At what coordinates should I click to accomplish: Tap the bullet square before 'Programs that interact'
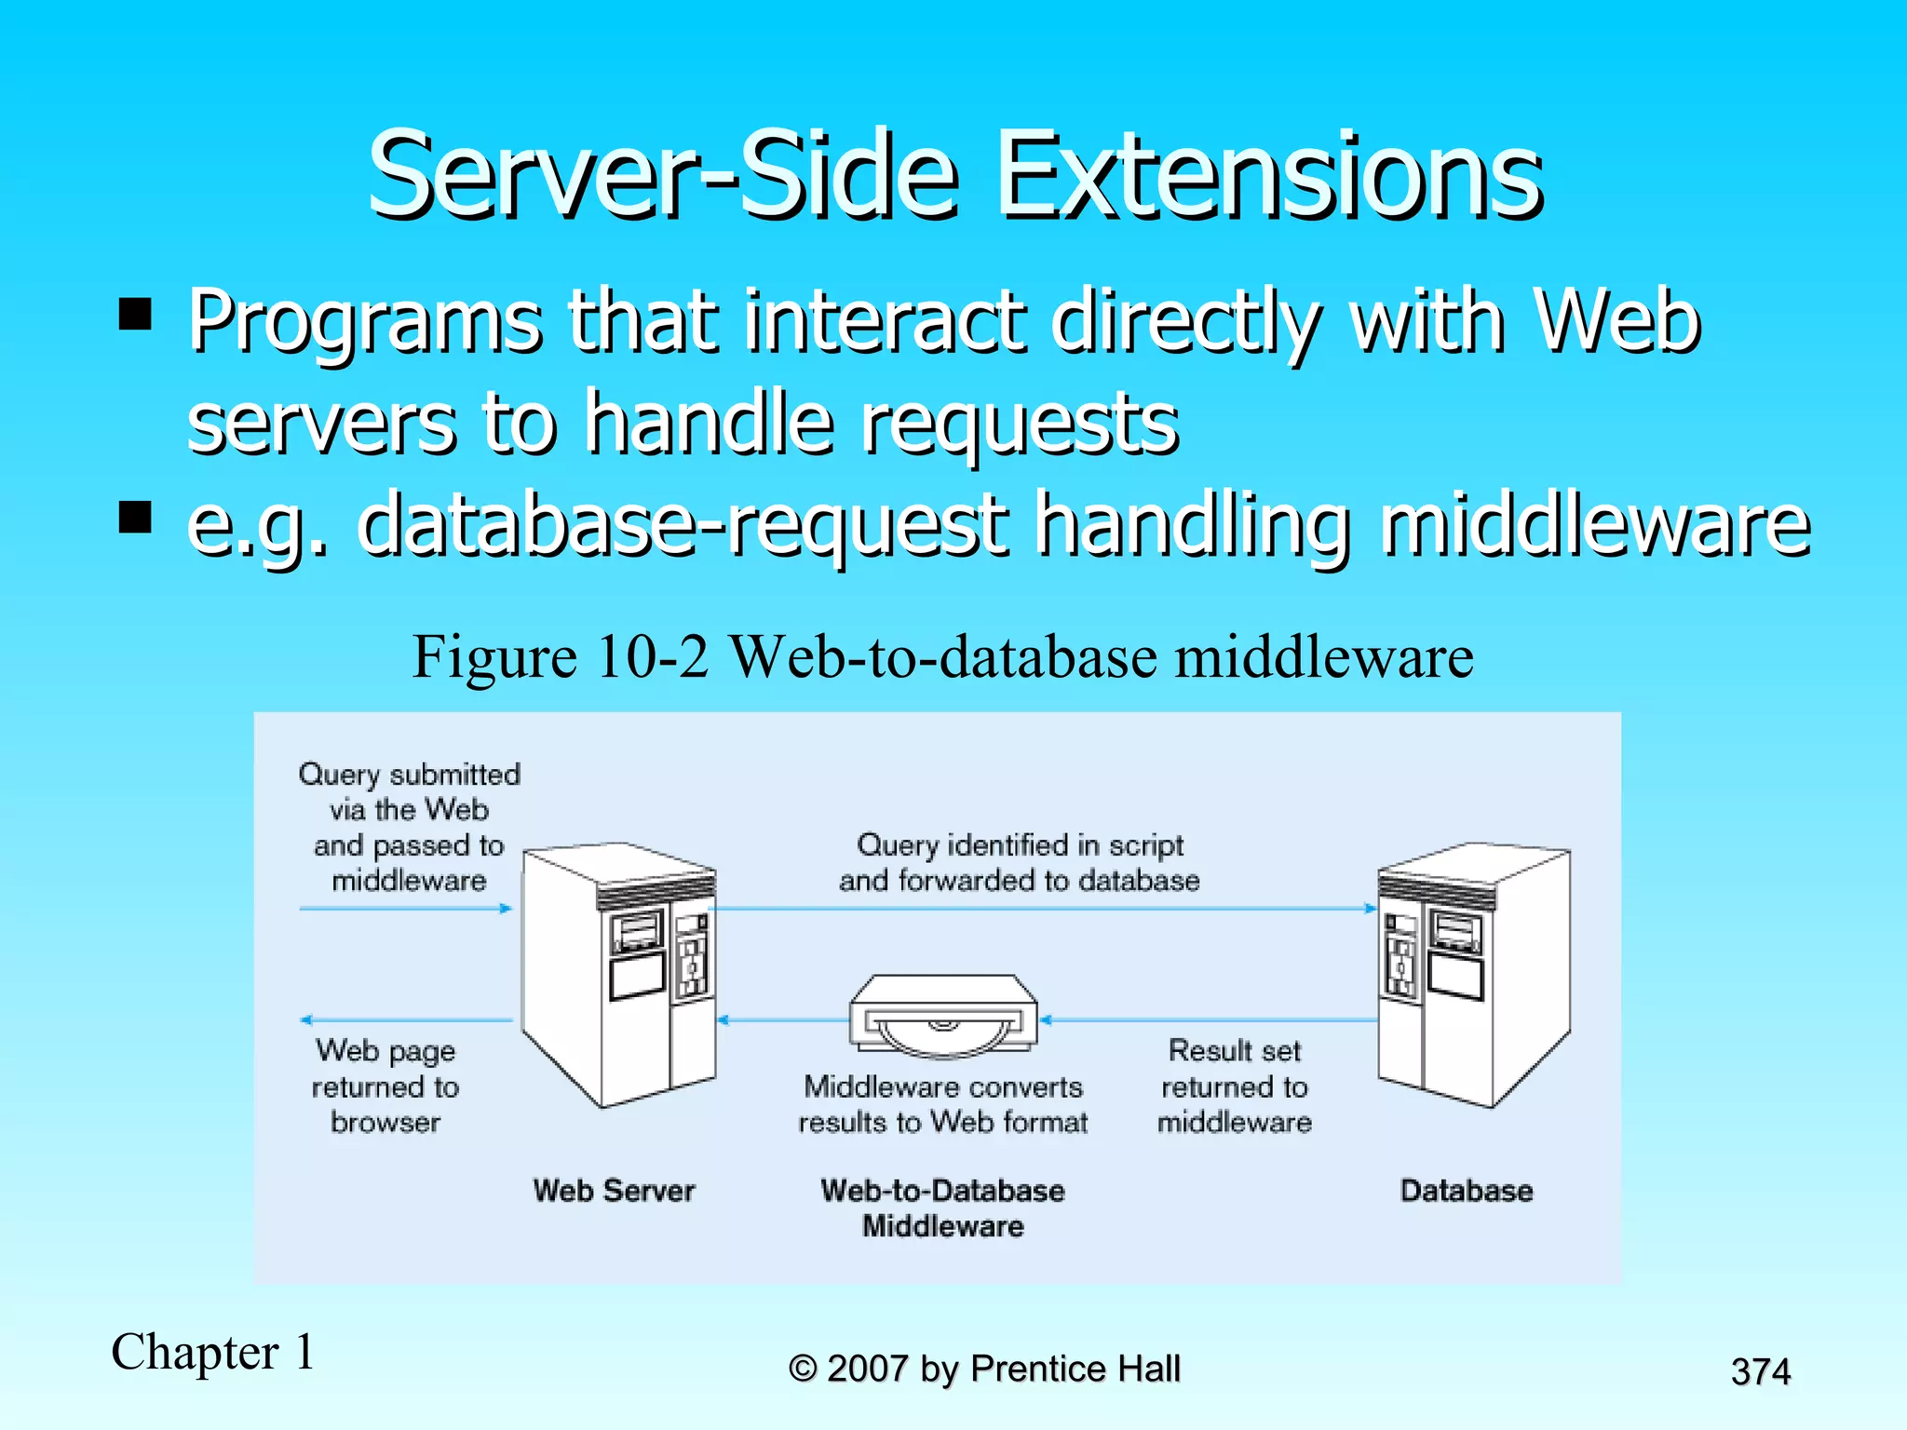[x=136, y=315]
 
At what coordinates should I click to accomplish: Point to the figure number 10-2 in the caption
[x=653, y=656]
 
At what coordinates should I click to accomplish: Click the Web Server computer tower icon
[x=617, y=973]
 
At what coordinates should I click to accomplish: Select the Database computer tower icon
[x=1473, y=973]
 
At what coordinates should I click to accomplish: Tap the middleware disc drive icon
[x=943, y=1017]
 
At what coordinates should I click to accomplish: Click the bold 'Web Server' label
[x=614, y=1191]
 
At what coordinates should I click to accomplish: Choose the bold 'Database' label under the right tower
[x=1467, y=1191]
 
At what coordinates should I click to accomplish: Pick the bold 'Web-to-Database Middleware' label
[x=942, y=1208]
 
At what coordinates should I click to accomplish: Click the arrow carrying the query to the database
[x=1043, y=908]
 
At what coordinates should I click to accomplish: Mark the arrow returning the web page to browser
[x=406, y=1020]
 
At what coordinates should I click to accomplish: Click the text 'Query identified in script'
[x=1020, y=845]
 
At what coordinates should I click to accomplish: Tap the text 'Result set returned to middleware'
[x=1234, y=1086]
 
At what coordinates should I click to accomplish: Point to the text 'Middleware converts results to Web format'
[x=942, y=1104]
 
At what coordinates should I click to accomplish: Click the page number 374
[x=1760, y=1371]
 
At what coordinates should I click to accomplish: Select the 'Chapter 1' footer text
[x=213, y=1352]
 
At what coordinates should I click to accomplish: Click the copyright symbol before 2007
[x=803, y=1369]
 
